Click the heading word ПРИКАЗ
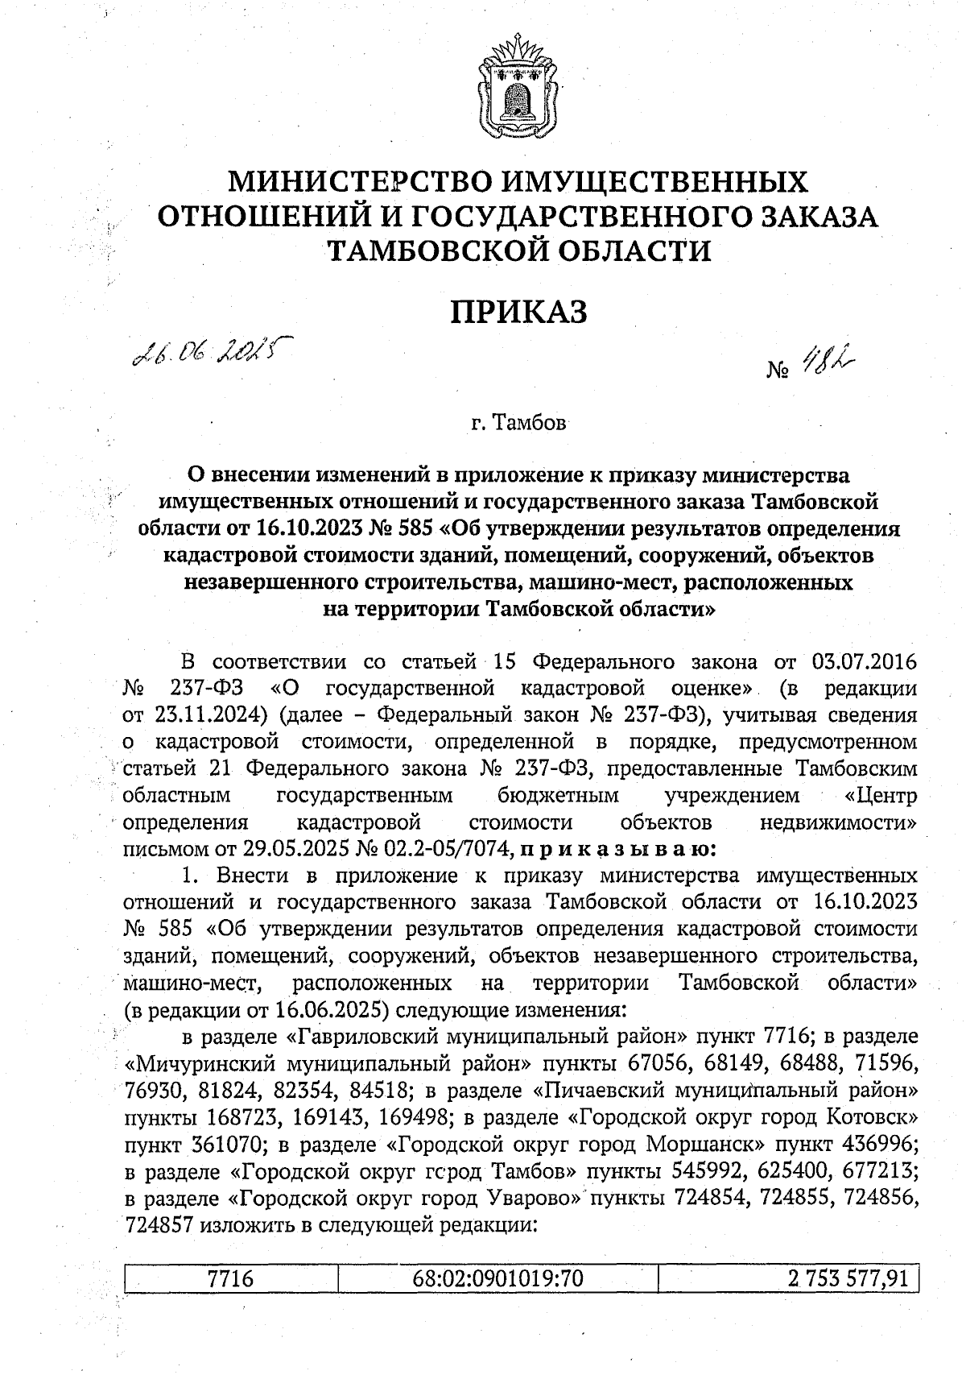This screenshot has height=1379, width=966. pos(518,312)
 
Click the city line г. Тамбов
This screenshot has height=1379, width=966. pos(518,422)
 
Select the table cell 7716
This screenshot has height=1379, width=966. pos(231,1278)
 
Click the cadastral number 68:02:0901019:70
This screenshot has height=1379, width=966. pos(497,1278)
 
